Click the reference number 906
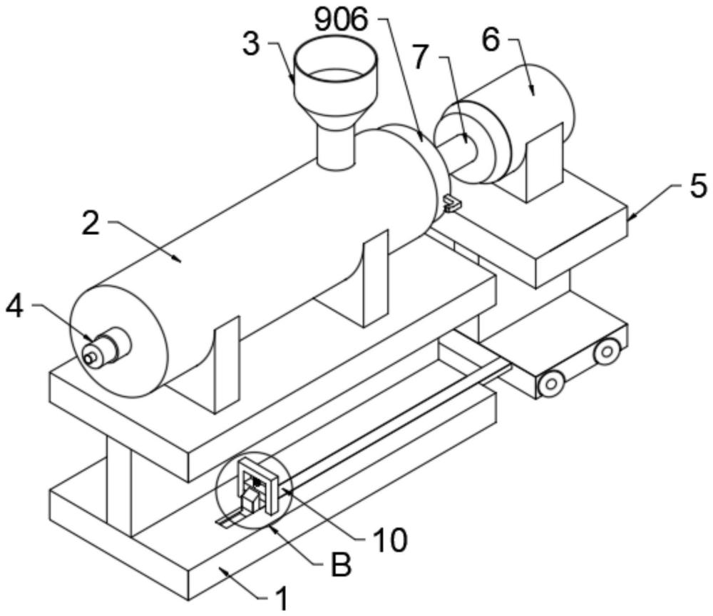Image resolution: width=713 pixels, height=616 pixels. click(x=341, y=20)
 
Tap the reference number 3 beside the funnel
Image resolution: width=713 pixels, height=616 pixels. click(x=251, y=44)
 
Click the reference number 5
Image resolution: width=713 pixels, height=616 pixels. click(x=698, y=186)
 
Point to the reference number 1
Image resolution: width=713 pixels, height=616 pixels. click(x=283, y=598)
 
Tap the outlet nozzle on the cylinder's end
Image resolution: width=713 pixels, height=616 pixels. click(x=106, y=348)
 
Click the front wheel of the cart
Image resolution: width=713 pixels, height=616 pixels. click(x=551, y=384)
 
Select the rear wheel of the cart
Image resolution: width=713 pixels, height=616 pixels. click(x=607, y=351)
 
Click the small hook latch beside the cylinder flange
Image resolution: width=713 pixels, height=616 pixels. click(x=451, y=203)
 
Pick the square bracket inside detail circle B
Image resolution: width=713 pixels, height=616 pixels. click(x=258, y=485)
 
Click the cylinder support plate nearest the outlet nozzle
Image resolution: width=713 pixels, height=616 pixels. click(x=227, y=364)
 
